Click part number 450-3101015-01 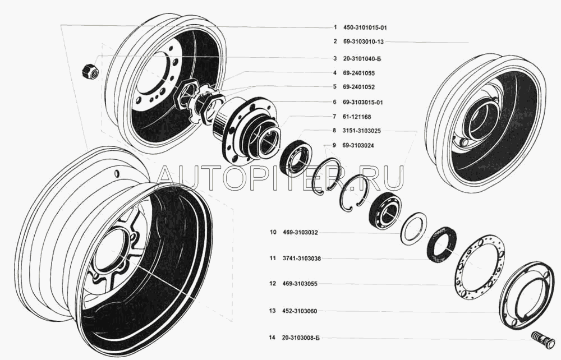click(x=365, y=27)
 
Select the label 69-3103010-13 click(x=363, y=41)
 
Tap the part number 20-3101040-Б click(x=362, y=58)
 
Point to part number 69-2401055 click(x=358, y=73)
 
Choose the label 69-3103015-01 click(x=362, y=102)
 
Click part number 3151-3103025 click(x=362, y=131)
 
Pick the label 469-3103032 click(x=300, y=232)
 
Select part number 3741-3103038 click(x=302, y=258)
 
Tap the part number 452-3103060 click(x=300, y=311)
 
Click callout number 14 click(x=273, y=338)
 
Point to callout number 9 click(x=334, y=145)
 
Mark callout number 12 click(x=273, y=284)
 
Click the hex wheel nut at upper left click(x=90, y=71)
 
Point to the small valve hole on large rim click(x=117, y=174)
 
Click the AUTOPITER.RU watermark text click(x=281, y=178)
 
